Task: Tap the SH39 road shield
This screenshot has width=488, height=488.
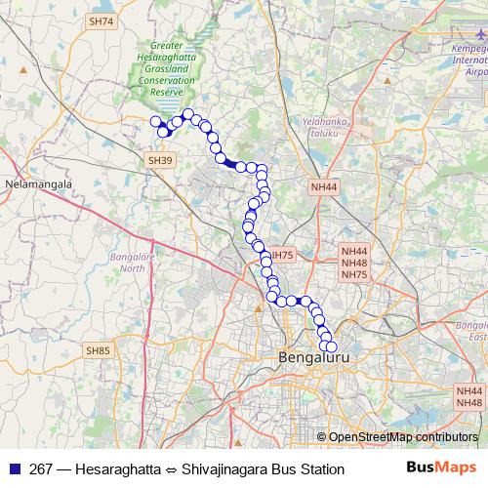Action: (x=160, y=160)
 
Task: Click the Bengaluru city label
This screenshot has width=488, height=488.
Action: (x=313, y=357)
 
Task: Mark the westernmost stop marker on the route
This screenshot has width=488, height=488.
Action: (x=154, y=122)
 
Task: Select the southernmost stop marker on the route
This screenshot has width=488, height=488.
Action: (x=330, y=346)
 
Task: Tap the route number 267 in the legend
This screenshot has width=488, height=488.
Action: (x=42, y=468)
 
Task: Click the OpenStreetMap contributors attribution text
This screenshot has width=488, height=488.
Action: (x=403, y=437)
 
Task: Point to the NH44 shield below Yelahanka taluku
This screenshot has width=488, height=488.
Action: (x=323, y=186)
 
